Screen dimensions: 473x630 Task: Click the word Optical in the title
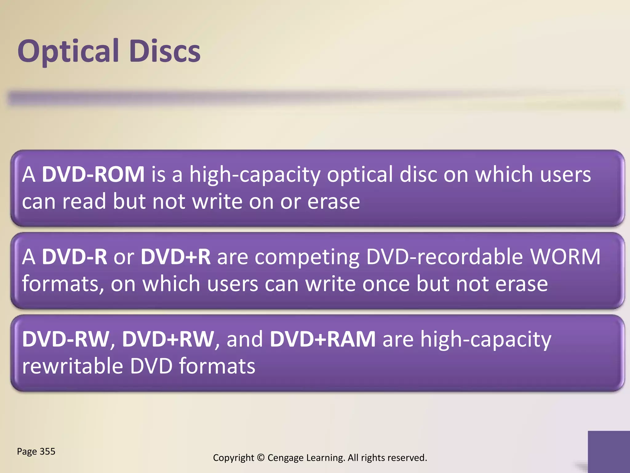(x=68, y=51)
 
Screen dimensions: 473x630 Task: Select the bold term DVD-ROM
(x=93, y=174)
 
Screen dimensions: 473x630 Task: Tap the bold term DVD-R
(x=74, y=257)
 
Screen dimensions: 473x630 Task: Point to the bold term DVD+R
(x=176, y=257)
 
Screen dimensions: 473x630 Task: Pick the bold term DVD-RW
(x=66, y=339)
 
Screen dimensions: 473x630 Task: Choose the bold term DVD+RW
(x=168, y=339)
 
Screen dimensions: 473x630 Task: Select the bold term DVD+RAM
(x=323, y=339)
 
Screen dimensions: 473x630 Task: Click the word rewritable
(x=73, y=366)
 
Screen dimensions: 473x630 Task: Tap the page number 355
(x=47, y=451)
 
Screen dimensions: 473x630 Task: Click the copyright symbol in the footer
(x=261, y=458)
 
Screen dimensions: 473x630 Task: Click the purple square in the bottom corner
(x=608, y=451)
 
